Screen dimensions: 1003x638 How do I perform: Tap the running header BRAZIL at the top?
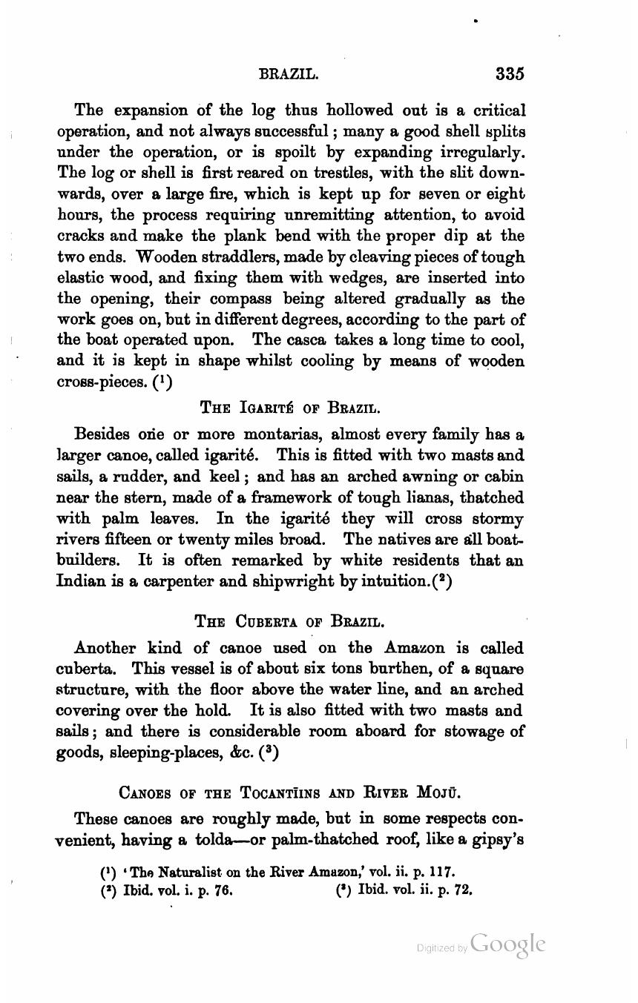(x=289, y=75)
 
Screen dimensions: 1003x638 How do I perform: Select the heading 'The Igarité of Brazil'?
(x=290, y=407)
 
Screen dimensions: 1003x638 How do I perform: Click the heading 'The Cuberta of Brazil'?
(x=290, y=620)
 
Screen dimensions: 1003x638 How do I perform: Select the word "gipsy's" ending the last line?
(x=501, y=840)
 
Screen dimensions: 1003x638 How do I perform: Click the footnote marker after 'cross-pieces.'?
(x=163, y=383)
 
